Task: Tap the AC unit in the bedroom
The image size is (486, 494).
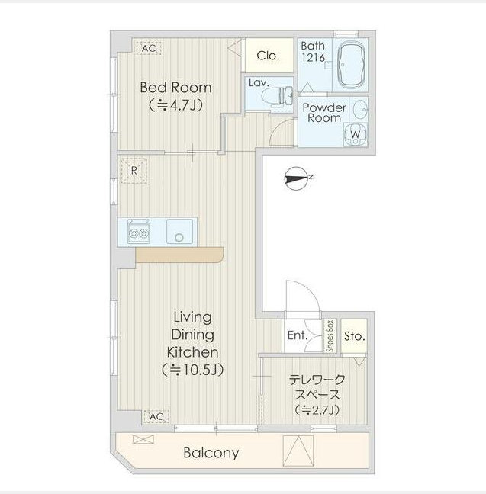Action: click(x=149, y=48)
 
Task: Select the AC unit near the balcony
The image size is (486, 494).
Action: click(x=155, y=416)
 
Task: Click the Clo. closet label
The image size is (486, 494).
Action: click(x=267, y=55)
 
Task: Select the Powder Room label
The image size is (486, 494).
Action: click(x=324, y=113)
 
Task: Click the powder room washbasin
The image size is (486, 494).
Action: click(x=361, y=110)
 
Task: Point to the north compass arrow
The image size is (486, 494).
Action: click(x=298, y=178)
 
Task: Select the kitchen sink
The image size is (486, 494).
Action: click(x=180, y=231)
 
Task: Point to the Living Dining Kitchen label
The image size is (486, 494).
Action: click(x=192, y=343)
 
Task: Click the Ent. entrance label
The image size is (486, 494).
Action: click(x=297, y=335)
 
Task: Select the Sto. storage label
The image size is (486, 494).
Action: click(x=354, y=335)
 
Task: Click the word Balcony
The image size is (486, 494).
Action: click(x=211, y=453)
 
